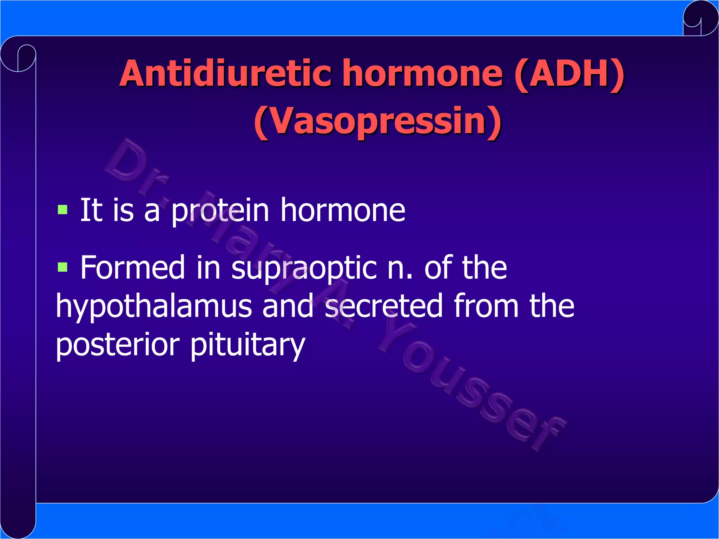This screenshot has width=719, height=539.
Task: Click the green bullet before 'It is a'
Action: pos(62,210)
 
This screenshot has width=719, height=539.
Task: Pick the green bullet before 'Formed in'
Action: pos(62,267)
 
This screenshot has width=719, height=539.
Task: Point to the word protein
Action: pos(220,211)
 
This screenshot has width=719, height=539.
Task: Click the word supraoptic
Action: pos(304,268)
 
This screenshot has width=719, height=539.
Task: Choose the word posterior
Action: pos(118,345)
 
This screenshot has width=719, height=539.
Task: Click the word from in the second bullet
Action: pos(486,306)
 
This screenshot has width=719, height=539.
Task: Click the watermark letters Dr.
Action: pos(135,165)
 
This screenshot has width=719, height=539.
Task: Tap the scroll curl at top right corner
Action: pos(700,18)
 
